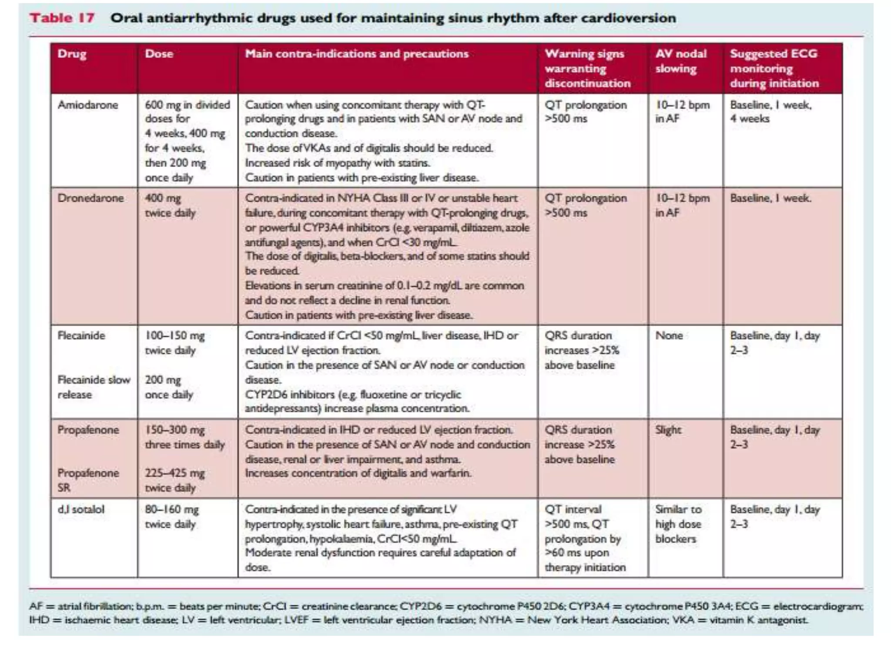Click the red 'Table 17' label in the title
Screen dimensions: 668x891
(x=62, y=18)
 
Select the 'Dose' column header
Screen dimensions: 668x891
(x=159, y=54)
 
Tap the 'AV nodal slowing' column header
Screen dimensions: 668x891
(x=680, y=61)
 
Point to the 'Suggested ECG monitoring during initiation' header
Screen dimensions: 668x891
(x=774, y=68)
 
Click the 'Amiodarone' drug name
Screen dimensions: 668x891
(x=88, y=105)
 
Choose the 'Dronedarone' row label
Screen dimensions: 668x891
(x=90, y=198)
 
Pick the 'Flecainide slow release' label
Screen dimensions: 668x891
(x=94, y=387)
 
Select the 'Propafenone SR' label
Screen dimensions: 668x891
(x=88, y=480)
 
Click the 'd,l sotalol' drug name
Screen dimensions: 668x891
(x=81, y=509)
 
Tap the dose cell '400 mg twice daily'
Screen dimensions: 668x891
(x=170, y=205)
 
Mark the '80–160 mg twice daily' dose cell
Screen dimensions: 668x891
(x=171, y=517)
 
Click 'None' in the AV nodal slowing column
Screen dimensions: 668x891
(x=669, y=335)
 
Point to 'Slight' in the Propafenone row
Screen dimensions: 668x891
(x=668, y=430)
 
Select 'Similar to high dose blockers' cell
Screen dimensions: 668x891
(x=678, y=524)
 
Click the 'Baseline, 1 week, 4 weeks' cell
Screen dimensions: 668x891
(x=770, y=111)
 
